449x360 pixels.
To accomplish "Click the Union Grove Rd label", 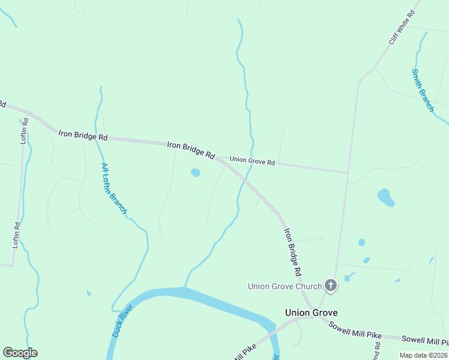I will coord(252,162).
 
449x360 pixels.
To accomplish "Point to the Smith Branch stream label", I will coord(422,90).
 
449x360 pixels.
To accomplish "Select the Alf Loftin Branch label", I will coord(114,188).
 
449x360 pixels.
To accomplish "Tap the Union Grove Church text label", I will coord(285,286).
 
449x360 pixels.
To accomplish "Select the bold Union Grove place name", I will coord(311,313).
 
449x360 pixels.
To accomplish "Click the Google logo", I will coord(20,353).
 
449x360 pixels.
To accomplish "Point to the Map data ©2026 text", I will coord(424,355).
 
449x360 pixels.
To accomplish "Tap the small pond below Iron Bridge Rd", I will coord(195,173).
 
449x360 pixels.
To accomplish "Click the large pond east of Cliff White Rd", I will coord(385,197).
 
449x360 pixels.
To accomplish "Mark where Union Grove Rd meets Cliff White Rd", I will coord(348,173).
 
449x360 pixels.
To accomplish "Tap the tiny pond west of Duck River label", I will coord(89,293).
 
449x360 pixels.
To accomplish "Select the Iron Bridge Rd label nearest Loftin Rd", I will coord(83,136).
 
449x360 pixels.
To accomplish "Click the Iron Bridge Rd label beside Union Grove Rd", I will coord(190,149).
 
